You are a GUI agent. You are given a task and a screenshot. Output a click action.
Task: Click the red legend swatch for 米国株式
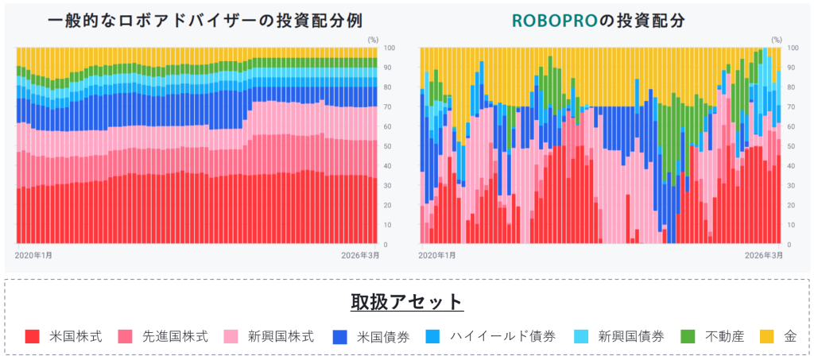pos(33,336)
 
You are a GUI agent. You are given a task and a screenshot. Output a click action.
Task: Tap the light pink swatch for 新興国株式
pos(232,336)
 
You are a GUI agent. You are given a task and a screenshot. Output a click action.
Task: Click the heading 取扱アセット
pos(407,302)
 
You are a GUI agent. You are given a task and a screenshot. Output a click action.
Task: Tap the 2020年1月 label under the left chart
pos(34,255)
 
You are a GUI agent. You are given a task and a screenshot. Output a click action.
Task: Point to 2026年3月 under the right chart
pos(761,255)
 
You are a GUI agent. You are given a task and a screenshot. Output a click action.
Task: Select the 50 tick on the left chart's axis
pos(386,146)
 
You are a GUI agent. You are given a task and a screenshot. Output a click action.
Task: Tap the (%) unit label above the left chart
pos(374,38)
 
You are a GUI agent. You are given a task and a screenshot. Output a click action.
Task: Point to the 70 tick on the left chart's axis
pos(386,106)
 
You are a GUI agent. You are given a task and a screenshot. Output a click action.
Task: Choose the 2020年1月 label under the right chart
pos(437,255)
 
